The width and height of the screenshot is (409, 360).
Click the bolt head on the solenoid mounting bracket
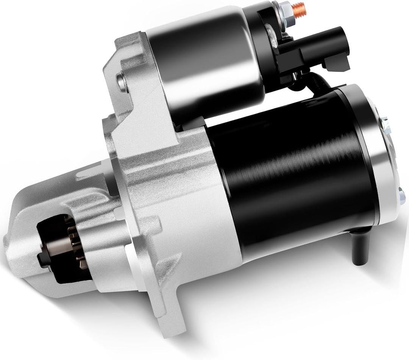(121, 81)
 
